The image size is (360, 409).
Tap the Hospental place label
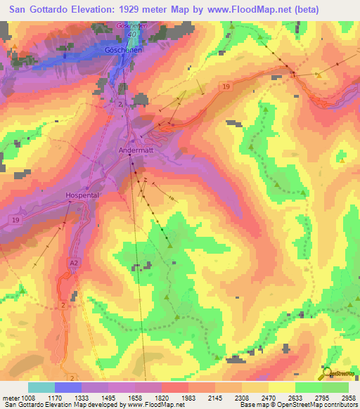pos(83,196)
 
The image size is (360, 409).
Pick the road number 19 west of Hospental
pos(15,220)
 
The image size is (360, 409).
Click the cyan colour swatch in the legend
pos(41,387)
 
